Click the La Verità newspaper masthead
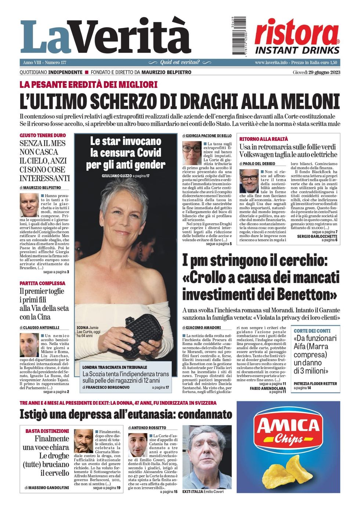click(x=106, y=37)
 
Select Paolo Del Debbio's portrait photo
click(x=249, y=181)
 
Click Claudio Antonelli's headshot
click(x=29, y=345)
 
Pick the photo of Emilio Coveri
click(x=207, y=457)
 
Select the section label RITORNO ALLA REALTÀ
click(x=263, y=139)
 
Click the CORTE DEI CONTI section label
click(x=312, y=331)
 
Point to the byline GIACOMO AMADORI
click(x=203, y=327)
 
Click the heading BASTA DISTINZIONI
click(x=47, y=431)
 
